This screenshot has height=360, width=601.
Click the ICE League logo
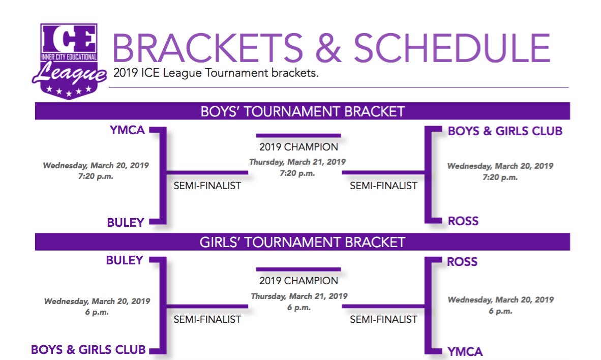[68, 61]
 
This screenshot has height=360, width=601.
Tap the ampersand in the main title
[322, 48]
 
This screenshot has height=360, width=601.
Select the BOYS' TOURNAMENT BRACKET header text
[303, 111]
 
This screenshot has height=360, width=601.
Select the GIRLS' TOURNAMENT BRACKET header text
[303, 242]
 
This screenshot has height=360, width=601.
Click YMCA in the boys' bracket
[127, 131]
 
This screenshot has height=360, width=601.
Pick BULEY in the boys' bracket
[125, 222]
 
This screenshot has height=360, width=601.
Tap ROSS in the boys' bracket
[463, 221]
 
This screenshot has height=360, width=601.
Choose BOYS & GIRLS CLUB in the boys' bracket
[505, 131]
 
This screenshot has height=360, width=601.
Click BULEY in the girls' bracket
[124, 260]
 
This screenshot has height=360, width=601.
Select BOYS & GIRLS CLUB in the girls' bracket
[88, 350]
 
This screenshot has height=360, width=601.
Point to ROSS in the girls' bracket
[462, 262]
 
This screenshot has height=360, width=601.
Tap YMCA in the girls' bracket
[465, 351]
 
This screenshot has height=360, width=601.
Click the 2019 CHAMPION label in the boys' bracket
[298, 147]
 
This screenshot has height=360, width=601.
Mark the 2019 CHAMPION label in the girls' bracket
[298, 281]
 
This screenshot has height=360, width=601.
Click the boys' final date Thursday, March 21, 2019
[297, 162]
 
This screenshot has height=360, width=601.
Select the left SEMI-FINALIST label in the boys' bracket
[207, 186]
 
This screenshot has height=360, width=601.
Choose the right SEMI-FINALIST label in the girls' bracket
[383, 319]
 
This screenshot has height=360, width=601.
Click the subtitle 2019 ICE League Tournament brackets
[216, 74]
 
